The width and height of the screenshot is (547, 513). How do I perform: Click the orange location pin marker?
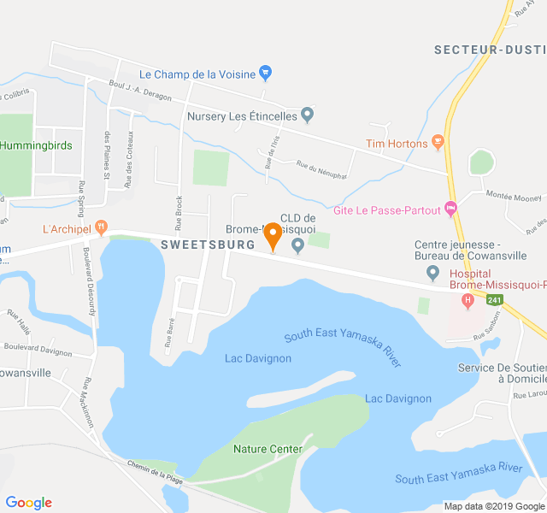point(273,235)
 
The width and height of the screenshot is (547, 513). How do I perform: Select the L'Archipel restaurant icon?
point(102,229)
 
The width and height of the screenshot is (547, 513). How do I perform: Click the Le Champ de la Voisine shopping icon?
point(265,74)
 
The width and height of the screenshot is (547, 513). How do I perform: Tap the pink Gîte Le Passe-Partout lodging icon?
point(451,209)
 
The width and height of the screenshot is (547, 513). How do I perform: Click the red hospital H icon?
point(468,301)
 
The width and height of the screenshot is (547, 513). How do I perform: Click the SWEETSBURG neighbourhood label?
point(208,245)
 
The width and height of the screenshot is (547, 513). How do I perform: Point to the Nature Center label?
point(268,449)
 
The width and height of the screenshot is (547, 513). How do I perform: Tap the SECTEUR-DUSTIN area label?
point(489,50)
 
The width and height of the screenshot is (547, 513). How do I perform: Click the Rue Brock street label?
point(179,214)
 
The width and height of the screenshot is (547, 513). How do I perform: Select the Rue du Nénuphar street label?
point(321,169)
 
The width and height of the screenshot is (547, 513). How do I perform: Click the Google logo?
point(28,503)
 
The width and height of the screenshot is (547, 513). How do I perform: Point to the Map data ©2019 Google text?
point(493,506)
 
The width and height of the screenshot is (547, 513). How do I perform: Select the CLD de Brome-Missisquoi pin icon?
point(297,246)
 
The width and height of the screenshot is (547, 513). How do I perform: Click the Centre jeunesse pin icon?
point(432,273)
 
